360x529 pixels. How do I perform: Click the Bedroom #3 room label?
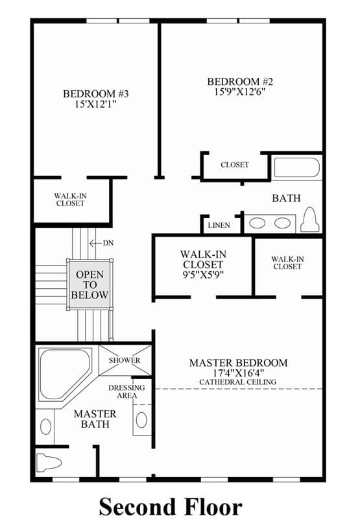tap(96, 93)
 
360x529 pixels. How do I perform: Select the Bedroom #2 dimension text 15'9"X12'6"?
tap(240, 92)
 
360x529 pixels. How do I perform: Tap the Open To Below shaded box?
tap(90, 285)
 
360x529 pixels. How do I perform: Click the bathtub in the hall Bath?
tap(297, 167)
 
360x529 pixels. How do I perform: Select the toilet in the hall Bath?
tap(310, 220)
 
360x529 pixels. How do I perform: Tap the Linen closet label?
tap(219, 225)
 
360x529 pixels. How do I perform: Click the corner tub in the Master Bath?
tap(65, 374)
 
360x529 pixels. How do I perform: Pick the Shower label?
tap(125, 360)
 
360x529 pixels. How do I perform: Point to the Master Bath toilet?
tap(49, 462)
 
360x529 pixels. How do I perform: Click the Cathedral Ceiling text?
tap(237, 382)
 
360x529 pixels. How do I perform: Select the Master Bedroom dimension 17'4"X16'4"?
tap(238, 373)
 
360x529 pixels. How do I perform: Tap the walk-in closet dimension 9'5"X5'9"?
tap(203, 275)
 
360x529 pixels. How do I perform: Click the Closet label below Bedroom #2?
tap(235, 165)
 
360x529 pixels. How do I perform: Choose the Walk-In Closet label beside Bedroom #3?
tap(70, 200)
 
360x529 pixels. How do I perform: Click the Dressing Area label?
tap(126, 391)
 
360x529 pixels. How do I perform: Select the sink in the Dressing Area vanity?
tap(141, 420)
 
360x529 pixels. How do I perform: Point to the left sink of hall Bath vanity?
tap(258, 223)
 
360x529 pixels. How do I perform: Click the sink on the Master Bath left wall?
tap(45, 427)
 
